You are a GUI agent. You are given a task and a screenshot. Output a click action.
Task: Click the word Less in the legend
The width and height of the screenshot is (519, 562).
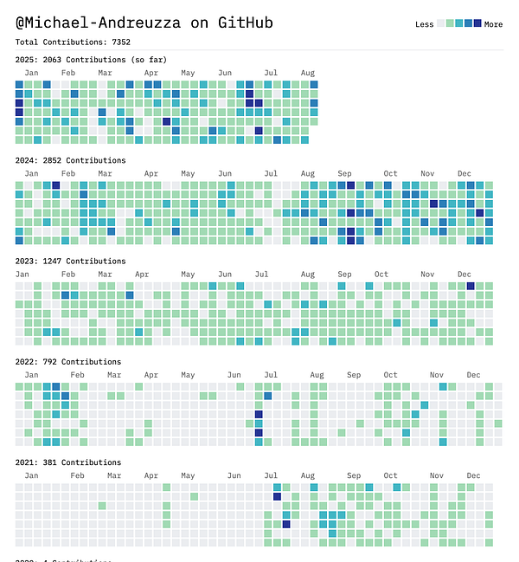424,24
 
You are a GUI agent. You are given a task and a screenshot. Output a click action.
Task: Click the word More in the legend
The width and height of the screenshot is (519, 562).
493,24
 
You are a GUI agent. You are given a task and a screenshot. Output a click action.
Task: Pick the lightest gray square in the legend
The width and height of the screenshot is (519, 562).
441,23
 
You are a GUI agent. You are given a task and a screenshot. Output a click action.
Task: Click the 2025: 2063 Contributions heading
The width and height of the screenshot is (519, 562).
91,60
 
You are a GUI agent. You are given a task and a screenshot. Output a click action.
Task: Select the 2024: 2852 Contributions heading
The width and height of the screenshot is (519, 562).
70,160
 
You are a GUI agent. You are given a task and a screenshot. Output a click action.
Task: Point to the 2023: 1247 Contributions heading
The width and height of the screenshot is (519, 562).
70,261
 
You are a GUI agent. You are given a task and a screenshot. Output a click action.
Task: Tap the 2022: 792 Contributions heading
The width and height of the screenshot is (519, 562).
67,362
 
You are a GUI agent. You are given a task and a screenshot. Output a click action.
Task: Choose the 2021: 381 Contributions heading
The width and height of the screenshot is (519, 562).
67,462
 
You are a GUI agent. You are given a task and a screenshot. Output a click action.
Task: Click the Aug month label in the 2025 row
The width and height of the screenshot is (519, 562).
308,73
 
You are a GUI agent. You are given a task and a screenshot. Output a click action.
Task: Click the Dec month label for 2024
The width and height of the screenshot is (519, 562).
465,173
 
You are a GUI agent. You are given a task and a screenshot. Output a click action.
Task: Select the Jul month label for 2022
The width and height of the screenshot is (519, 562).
271,375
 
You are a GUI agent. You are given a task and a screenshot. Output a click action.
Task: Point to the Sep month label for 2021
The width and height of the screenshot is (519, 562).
354,475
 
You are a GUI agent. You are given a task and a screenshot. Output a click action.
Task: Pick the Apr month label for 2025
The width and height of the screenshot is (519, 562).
151,73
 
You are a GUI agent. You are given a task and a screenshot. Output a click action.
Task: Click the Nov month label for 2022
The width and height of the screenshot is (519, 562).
437,375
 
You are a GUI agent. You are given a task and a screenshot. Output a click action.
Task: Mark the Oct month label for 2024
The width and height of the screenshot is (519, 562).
391,173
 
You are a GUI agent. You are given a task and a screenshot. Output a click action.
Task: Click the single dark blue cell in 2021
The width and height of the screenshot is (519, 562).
286,524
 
